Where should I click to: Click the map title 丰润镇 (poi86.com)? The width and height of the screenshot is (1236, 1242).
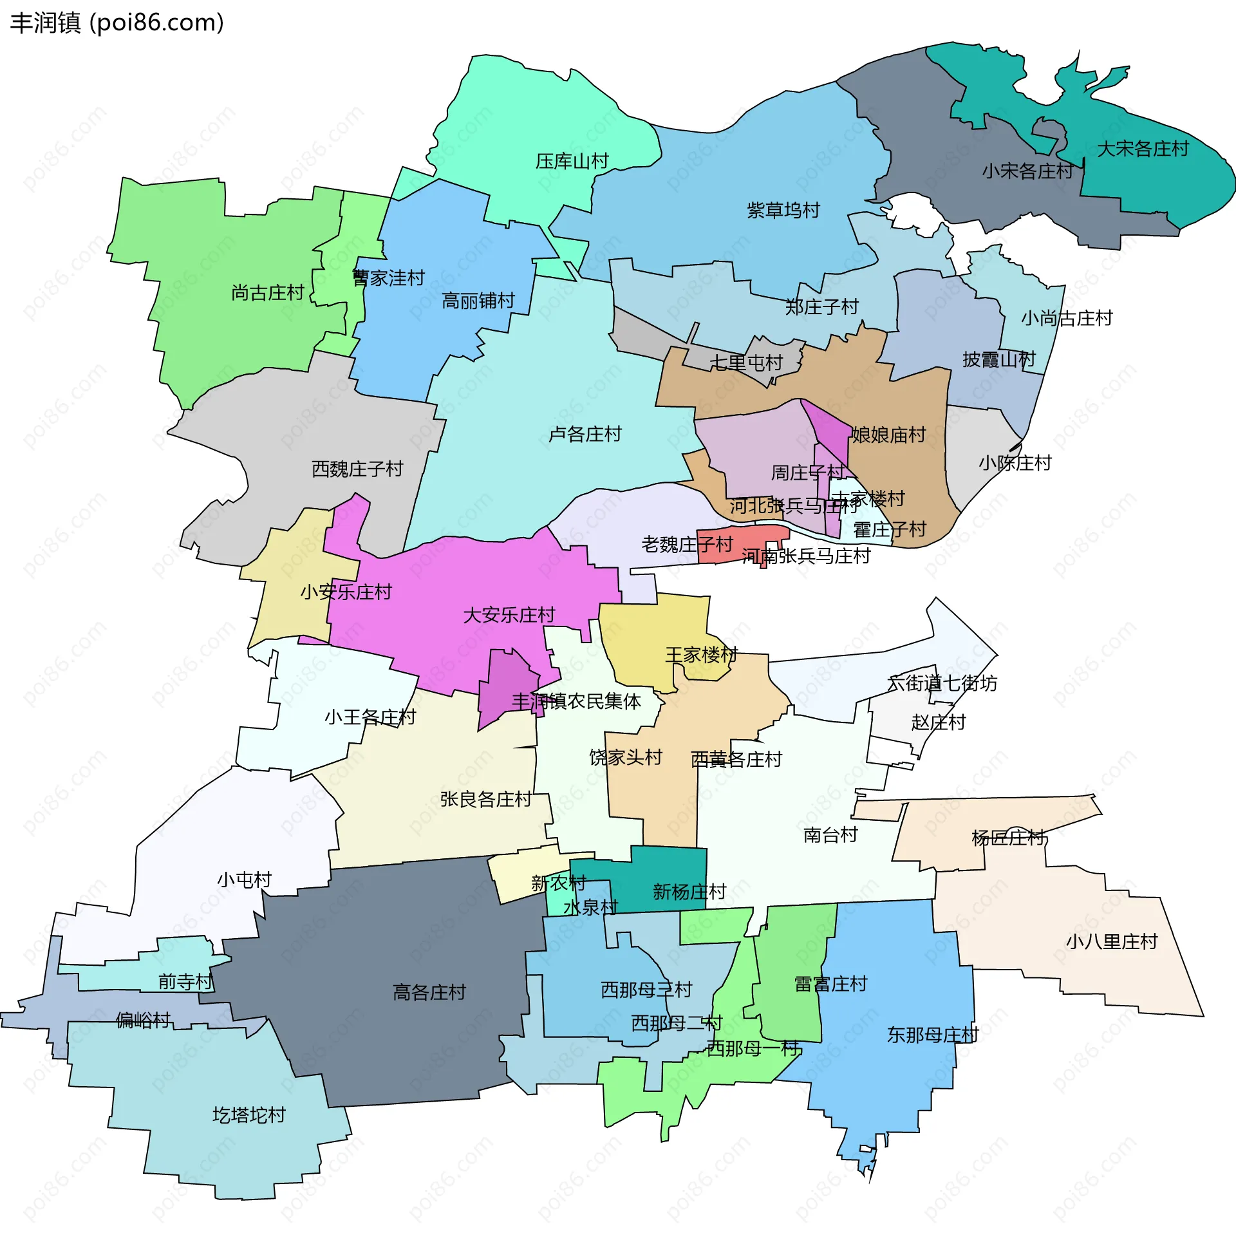tap(117, 23)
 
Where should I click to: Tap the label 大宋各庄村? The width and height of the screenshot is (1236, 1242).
tap(1143, 149)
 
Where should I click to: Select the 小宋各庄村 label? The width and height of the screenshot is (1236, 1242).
tap(1027, 171)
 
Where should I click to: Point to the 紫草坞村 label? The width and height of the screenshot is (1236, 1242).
tap(783, 211)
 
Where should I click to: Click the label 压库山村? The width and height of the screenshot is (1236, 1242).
tap(572, 161)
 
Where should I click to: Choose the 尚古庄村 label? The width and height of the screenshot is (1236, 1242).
tap(267, 293)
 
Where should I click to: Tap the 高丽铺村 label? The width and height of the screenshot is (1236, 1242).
tap(478, 301)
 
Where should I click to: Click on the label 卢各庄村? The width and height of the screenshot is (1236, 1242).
tap(585, 434)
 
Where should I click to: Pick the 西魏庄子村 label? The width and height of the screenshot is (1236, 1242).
tap(357, 469)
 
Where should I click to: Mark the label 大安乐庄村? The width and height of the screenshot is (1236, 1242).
tap(509, 615)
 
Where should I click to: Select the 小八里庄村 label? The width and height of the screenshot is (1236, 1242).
tap(1112, 942)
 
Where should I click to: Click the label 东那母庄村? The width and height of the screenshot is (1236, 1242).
tap(933, 1035)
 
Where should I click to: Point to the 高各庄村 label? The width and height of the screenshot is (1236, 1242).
tap(429, 992)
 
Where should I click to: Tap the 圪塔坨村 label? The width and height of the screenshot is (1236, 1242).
tap(249, 1115)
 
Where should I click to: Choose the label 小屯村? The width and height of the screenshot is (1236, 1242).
tap(245, 880)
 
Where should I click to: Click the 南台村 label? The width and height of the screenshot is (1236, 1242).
tap(830, 835)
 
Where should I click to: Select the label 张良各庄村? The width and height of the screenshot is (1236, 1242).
tap(486, 799)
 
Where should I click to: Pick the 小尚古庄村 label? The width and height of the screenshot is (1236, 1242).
tap(1067, 318)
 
